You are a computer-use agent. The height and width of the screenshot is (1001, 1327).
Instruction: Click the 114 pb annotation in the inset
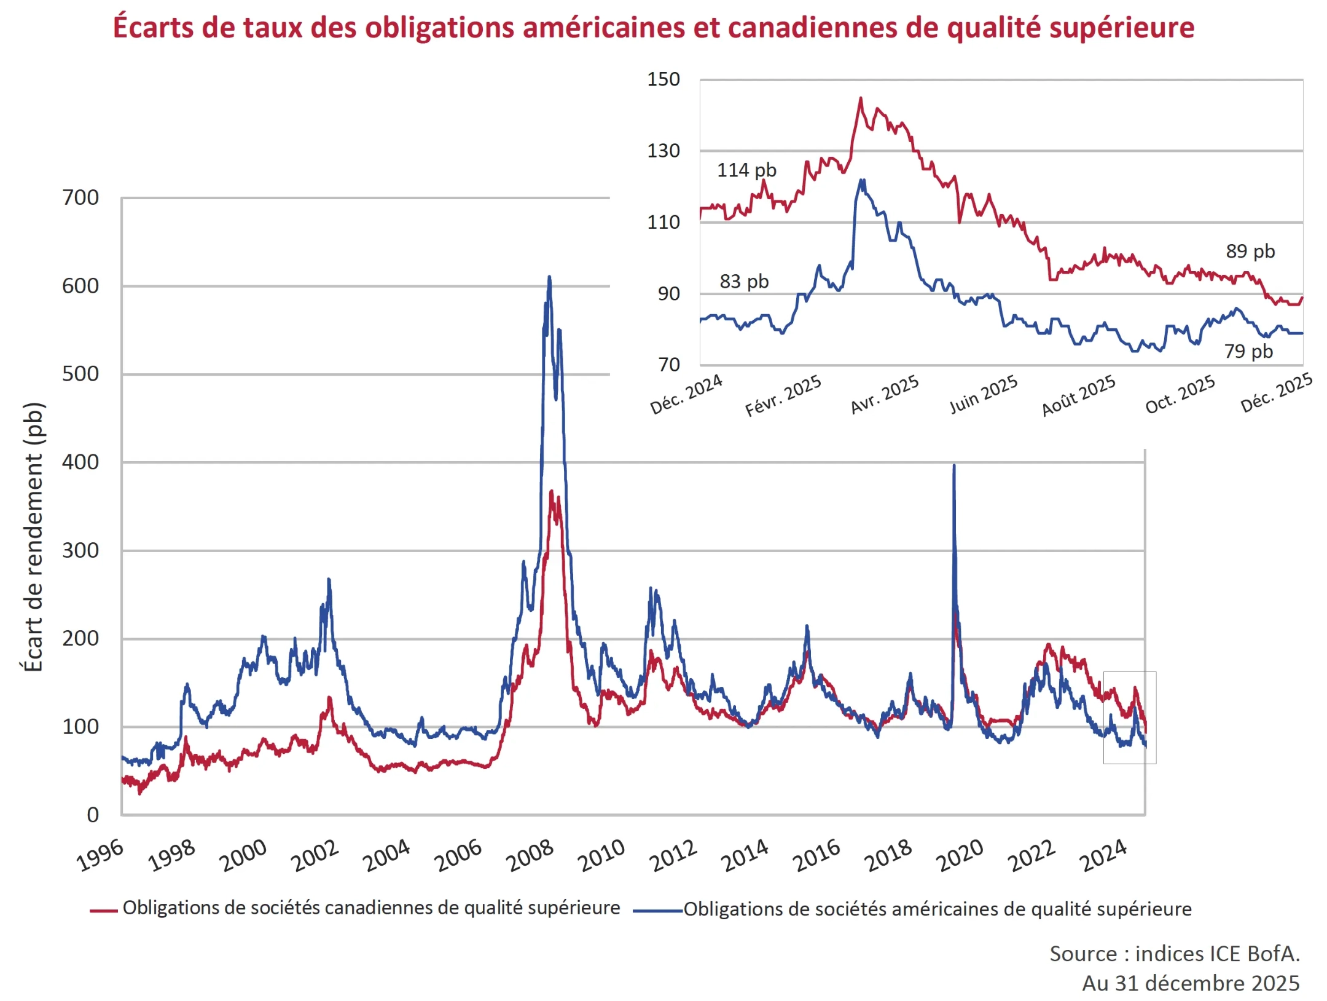coord(746,170)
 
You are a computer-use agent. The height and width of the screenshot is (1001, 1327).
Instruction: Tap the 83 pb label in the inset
coord(744,281)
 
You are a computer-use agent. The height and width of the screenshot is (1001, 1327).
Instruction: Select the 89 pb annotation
coord(1250,251)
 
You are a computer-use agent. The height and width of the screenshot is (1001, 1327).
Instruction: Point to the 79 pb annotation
coord(1248,351)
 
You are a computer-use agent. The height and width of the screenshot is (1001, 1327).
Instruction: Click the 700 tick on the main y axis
coord(80,197)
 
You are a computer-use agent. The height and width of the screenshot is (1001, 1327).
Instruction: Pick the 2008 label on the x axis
coord(530,855)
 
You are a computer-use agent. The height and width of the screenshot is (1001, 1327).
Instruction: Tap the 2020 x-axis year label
coord(960,855)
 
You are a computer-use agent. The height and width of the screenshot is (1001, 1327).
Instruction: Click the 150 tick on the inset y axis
coord(663,79)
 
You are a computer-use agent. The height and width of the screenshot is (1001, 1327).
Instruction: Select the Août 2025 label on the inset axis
coord(1079,395)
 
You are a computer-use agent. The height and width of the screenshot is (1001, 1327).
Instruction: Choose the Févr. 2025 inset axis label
coord(783,395)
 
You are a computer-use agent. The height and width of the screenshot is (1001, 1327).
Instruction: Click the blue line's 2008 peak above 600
coord(549,277)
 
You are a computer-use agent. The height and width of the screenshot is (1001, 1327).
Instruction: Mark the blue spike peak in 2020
coord(954,465)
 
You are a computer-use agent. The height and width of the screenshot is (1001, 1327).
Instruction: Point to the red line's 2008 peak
coord(552,491)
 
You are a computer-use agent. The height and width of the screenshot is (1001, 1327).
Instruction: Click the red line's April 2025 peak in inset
coord(860,98)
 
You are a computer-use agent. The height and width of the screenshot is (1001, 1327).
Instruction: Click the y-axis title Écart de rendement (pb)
coord(33,536)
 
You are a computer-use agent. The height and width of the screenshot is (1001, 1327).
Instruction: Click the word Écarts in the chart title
coord(153,27)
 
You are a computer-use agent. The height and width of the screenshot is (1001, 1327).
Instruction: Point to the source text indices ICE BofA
coord(1174,953)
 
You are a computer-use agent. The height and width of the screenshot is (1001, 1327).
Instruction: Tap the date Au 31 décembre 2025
coord(1191,983)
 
